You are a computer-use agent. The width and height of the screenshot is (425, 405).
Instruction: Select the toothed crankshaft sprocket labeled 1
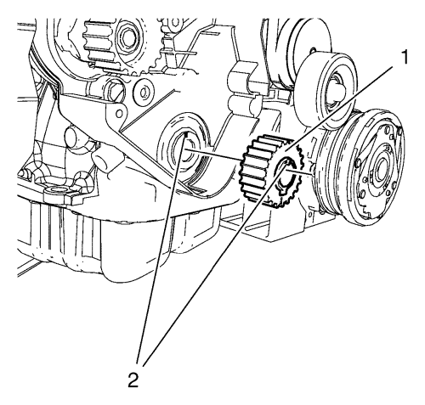[270, 172]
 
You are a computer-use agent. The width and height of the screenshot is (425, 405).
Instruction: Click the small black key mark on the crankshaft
[185, 137]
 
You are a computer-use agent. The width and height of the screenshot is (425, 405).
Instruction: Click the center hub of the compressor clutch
[380, 170]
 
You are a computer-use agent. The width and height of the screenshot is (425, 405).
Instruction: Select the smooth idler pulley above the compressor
[326, 88]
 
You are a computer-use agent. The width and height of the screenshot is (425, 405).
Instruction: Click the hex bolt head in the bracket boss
[115, 90]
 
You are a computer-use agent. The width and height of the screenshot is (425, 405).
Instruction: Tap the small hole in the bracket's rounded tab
[119, 114]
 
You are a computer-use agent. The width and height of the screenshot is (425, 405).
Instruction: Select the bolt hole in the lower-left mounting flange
[54, 189]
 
